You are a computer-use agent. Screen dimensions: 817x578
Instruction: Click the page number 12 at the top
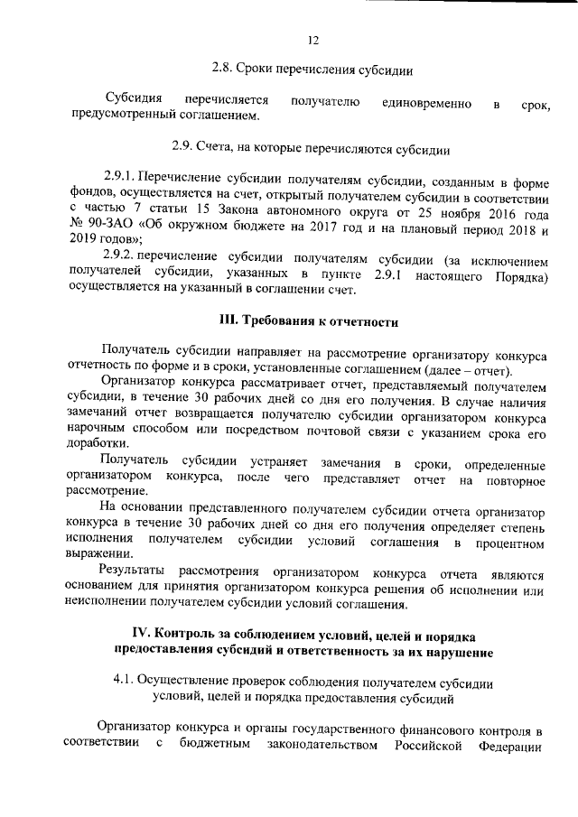[313, 40]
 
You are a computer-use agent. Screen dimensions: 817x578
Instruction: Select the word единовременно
[426, 105]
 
